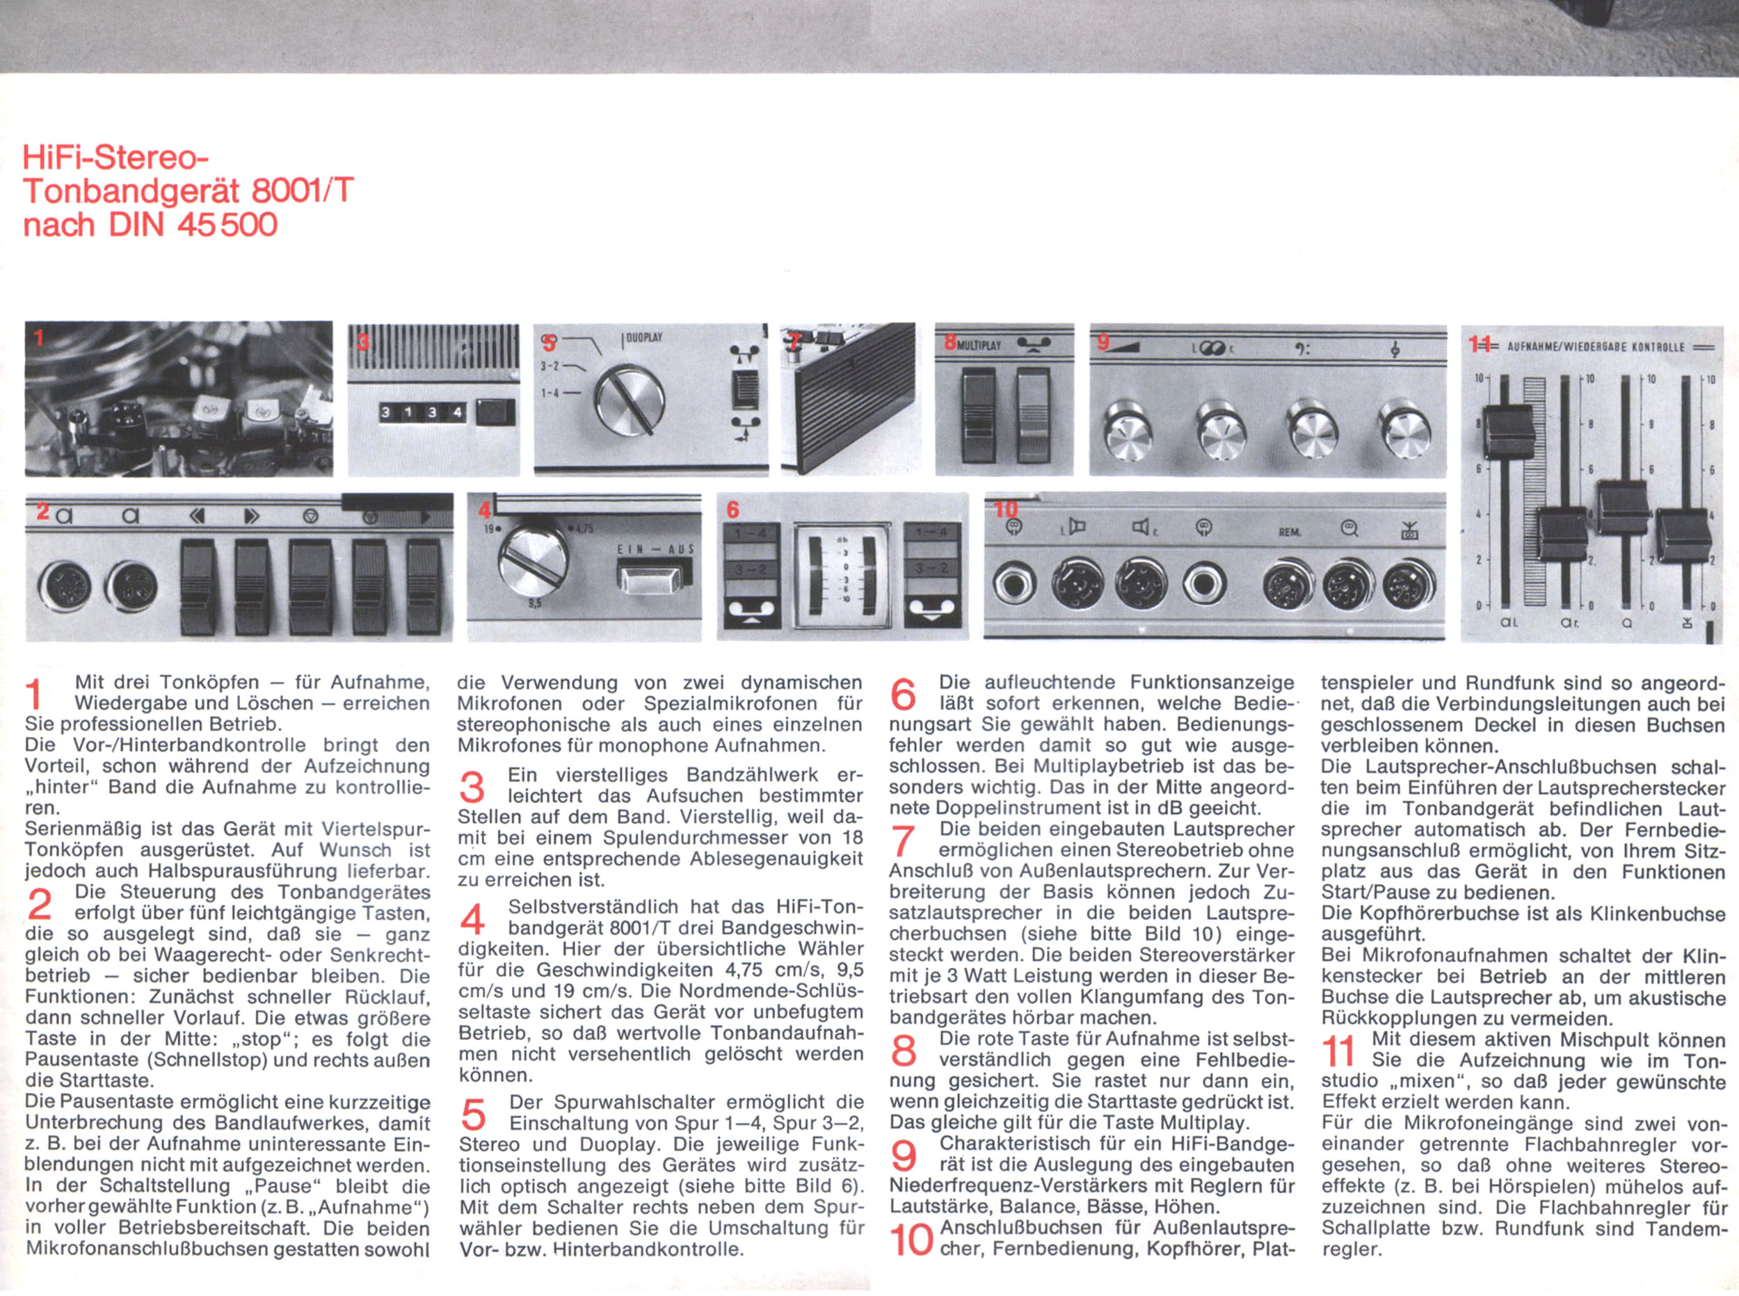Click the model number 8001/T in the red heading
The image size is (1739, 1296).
[x=302, y=191]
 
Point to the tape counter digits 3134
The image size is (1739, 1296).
[x=422, y=412]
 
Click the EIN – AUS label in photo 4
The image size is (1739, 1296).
[x=656, y=549]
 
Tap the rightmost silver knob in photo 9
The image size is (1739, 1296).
[x=1404, y=430]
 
